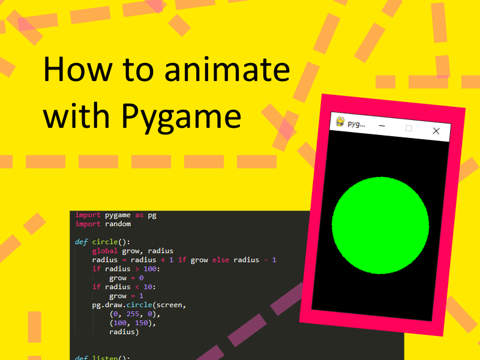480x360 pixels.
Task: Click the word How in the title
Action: [77, 70]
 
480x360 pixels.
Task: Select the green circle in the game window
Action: [380, 226]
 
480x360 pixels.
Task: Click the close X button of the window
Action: [436, 131]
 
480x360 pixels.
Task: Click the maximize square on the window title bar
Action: [409, 128]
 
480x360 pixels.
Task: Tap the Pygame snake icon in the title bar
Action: [340, 122]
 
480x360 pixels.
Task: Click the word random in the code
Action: [118, 224]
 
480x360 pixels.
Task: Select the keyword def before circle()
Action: [81, 242]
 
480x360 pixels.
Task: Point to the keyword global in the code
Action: [105, 251]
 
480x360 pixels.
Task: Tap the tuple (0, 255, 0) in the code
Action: [135, 314]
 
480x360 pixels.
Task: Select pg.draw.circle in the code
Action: [122, 305]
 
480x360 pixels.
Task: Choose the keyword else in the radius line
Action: [220, 260]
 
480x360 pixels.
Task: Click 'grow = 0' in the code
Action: [126, 278]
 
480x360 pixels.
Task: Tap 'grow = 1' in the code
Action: [126, 296]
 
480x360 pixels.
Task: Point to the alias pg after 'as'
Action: [152, 215]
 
